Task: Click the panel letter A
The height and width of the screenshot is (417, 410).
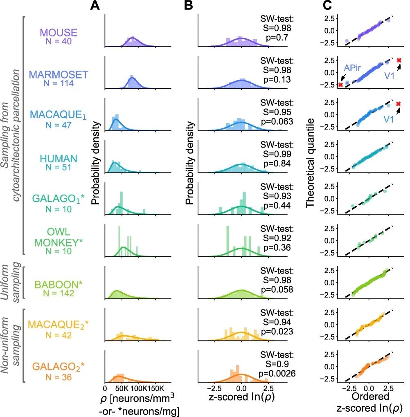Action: coord(95,6)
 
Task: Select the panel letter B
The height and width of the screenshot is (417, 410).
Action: coord(189,6)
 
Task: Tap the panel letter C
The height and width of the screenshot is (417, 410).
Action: coord(327,6)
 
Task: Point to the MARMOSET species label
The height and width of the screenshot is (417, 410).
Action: coord(58,75)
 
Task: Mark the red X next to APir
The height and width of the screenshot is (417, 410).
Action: coord(340,85)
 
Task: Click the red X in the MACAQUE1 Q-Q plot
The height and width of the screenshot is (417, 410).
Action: coord(399,104)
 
